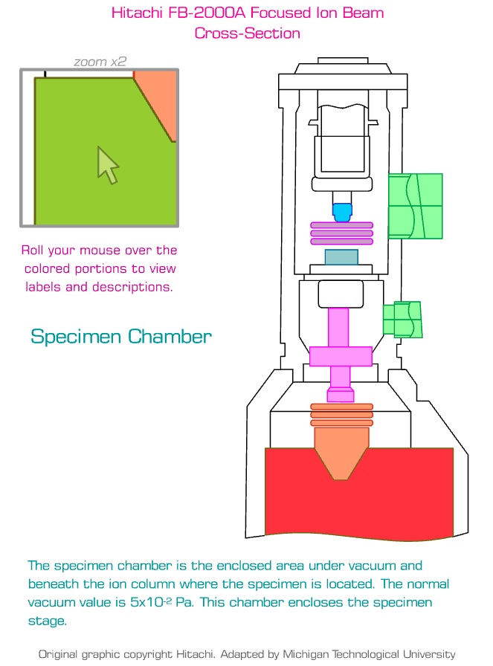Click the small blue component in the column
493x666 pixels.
[341, 213]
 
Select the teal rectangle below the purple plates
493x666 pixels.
[341, 257]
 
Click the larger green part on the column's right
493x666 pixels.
[415, 206]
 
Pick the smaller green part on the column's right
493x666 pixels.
[402, 319]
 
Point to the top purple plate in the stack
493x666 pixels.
[341, 225]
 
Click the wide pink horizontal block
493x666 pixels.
[341, 356]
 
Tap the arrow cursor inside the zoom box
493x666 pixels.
[108, 164]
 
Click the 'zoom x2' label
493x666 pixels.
[100, 62]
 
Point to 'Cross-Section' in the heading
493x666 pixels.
[247, 33]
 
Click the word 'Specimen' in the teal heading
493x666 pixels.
[76, 337]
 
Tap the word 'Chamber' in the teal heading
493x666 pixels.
[170, 337]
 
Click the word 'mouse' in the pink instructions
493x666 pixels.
[117, 250]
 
